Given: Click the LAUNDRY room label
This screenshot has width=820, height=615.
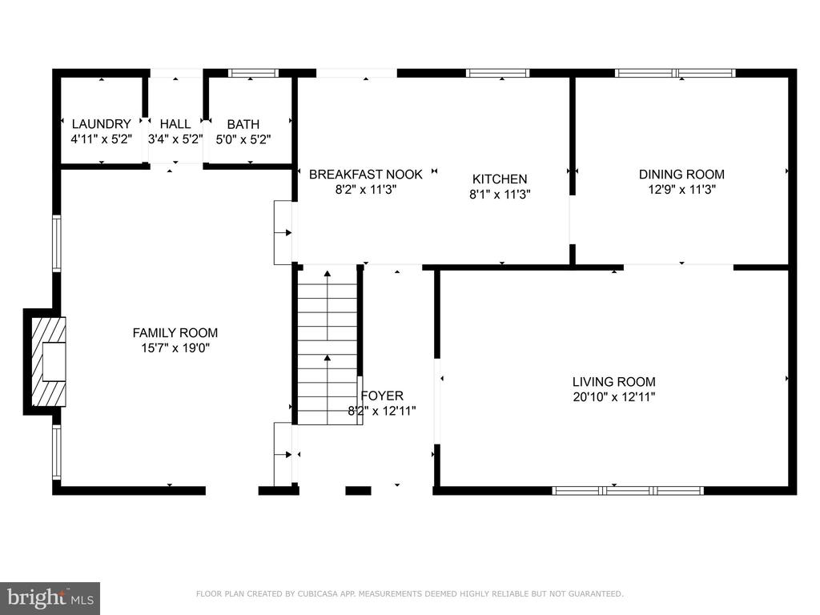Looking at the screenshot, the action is tap(102, 124).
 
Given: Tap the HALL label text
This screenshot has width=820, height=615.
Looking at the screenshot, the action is tap(175, 124).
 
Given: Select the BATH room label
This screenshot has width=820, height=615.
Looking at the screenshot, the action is tap(243, 124).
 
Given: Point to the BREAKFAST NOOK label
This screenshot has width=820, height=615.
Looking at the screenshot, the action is tap(365, 174).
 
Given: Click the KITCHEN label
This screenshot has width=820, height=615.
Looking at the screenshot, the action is tap(500, 179).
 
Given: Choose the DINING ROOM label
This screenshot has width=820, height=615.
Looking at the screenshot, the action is tap(682, 174).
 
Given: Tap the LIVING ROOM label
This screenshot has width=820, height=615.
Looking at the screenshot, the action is tap(614, 382).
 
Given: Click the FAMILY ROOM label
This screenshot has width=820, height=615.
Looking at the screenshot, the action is tap(175, 332).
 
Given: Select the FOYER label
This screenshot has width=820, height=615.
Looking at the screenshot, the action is tap(382, 396).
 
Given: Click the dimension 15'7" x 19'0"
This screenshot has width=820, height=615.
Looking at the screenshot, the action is tap(175, 348).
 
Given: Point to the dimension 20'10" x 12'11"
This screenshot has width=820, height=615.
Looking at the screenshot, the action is tap(614, 397).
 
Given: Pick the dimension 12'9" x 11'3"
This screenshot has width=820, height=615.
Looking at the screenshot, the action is tap(682, 189).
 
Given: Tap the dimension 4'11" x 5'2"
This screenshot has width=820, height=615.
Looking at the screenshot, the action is tap(102, 139).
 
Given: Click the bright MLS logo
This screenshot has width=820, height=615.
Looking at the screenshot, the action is tap(50, 597).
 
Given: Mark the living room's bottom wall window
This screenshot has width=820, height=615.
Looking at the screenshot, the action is tap(628, 491).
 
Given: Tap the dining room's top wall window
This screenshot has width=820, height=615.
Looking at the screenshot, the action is tap(675, 73).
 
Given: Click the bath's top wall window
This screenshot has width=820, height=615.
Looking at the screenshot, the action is tap(254, 73).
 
